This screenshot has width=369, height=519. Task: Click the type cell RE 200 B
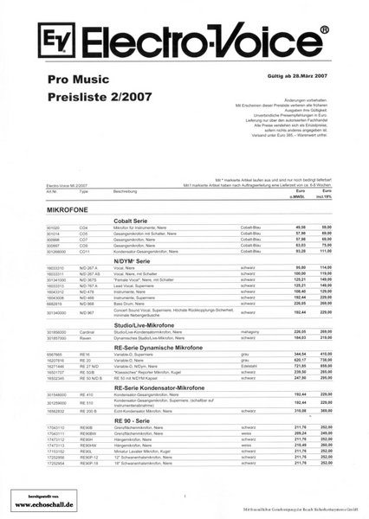point(89,411)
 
